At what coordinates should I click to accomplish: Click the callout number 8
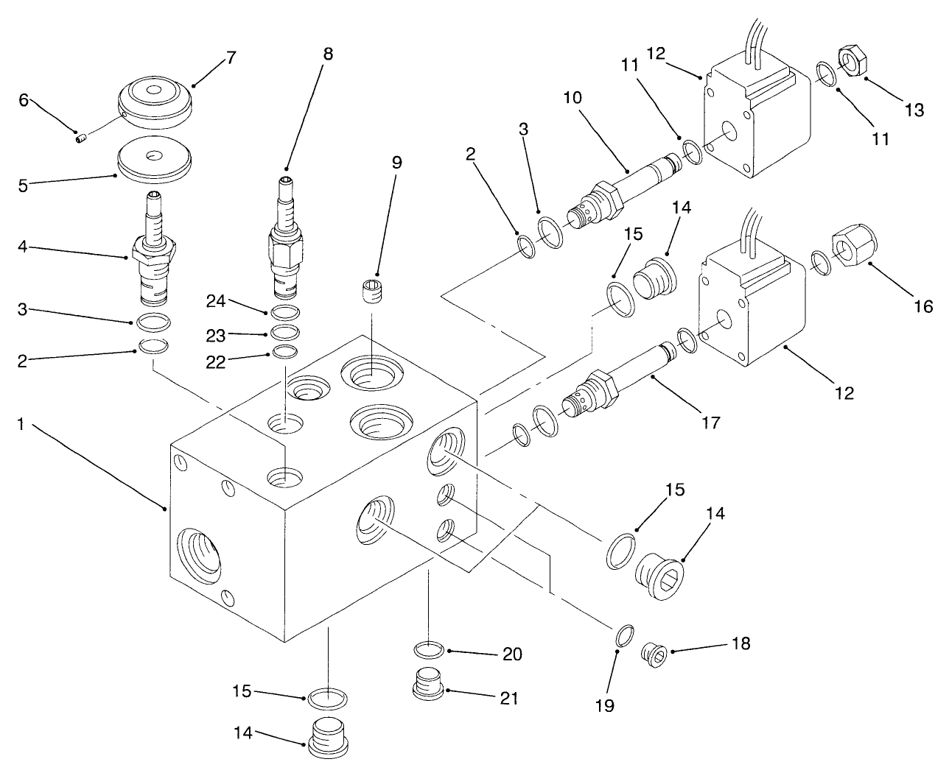coord(327,54)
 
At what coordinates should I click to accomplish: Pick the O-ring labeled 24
coord(285,311)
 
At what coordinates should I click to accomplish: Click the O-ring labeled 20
coord(428,650)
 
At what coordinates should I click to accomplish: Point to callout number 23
coord(215,336)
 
